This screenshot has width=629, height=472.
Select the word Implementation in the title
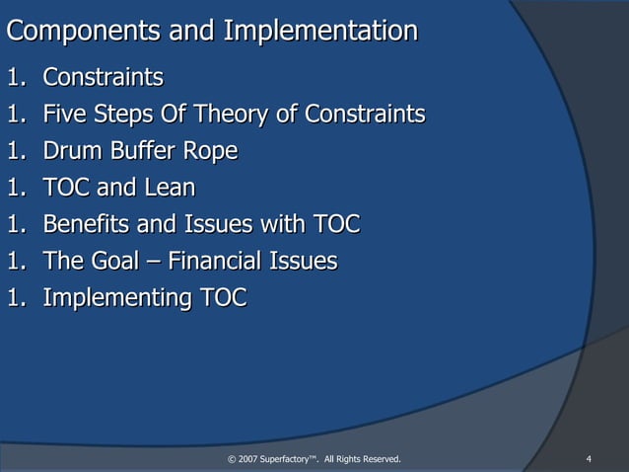point(320,32)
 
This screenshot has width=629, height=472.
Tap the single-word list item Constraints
point(104,77)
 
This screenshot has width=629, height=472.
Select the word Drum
point(72,151)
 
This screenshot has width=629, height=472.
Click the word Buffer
point(140,151)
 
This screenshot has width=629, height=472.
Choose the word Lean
point(170,188)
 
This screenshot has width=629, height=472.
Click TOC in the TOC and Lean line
point(67,188)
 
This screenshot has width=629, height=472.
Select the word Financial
point(214,262)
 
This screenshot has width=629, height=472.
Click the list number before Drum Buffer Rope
point(15,151)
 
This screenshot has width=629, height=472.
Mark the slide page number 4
point(588,458)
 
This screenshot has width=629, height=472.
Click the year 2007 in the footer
point(248,458)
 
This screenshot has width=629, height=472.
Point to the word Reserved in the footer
point(380,458)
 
